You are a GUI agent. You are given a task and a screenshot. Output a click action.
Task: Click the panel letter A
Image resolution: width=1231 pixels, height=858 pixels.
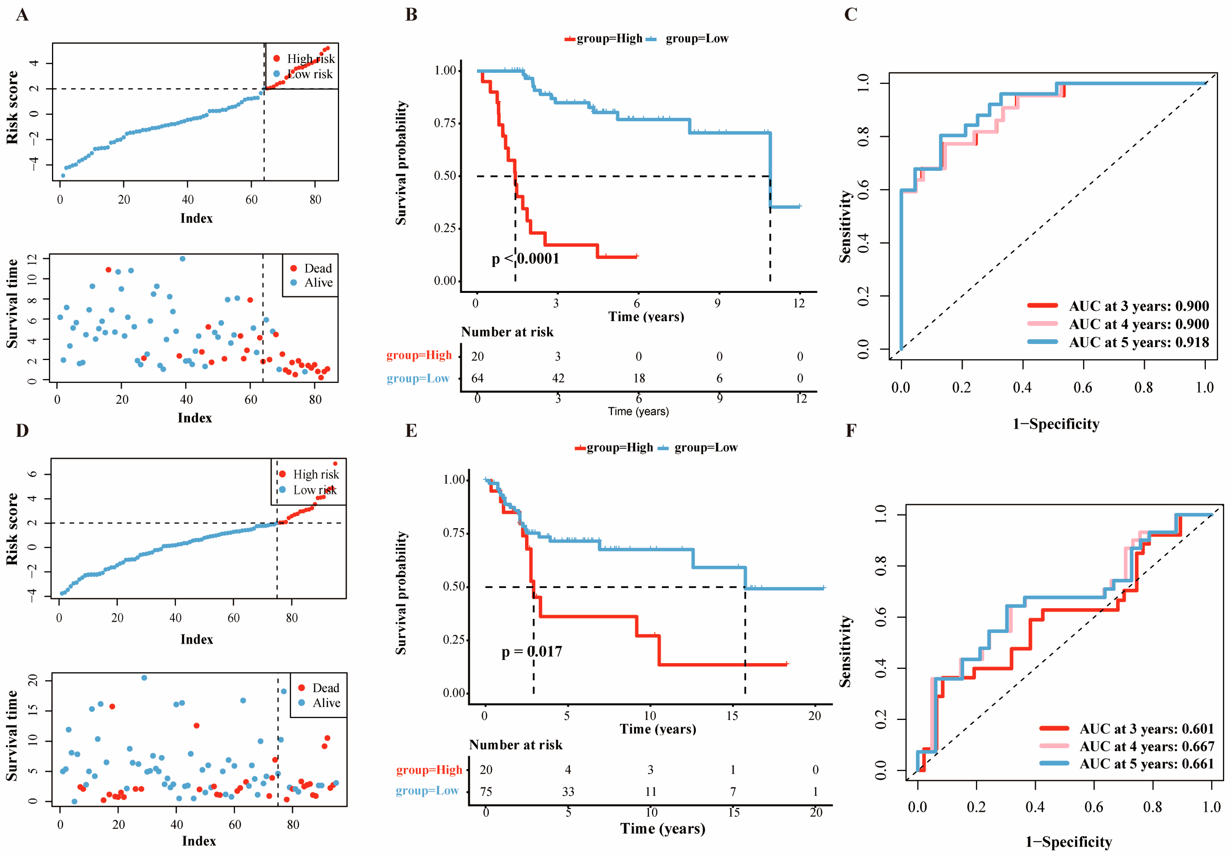tap(22, 15)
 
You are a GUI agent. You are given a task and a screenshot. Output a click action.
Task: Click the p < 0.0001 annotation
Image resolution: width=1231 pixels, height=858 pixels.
tap(525, 259)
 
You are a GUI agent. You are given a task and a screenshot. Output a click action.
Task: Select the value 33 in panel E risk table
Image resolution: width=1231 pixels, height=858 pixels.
tap(568, 791)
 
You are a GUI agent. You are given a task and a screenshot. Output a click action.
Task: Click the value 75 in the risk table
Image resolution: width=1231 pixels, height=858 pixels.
tap(486, 791)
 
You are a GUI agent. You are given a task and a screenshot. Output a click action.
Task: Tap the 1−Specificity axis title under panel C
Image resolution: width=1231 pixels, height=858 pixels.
tap(1056, 424)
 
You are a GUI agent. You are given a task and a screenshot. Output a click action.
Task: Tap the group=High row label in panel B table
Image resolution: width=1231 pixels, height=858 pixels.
tap(419, 355)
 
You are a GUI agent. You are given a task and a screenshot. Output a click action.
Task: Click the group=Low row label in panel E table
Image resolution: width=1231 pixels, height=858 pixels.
tap(427, 791)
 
